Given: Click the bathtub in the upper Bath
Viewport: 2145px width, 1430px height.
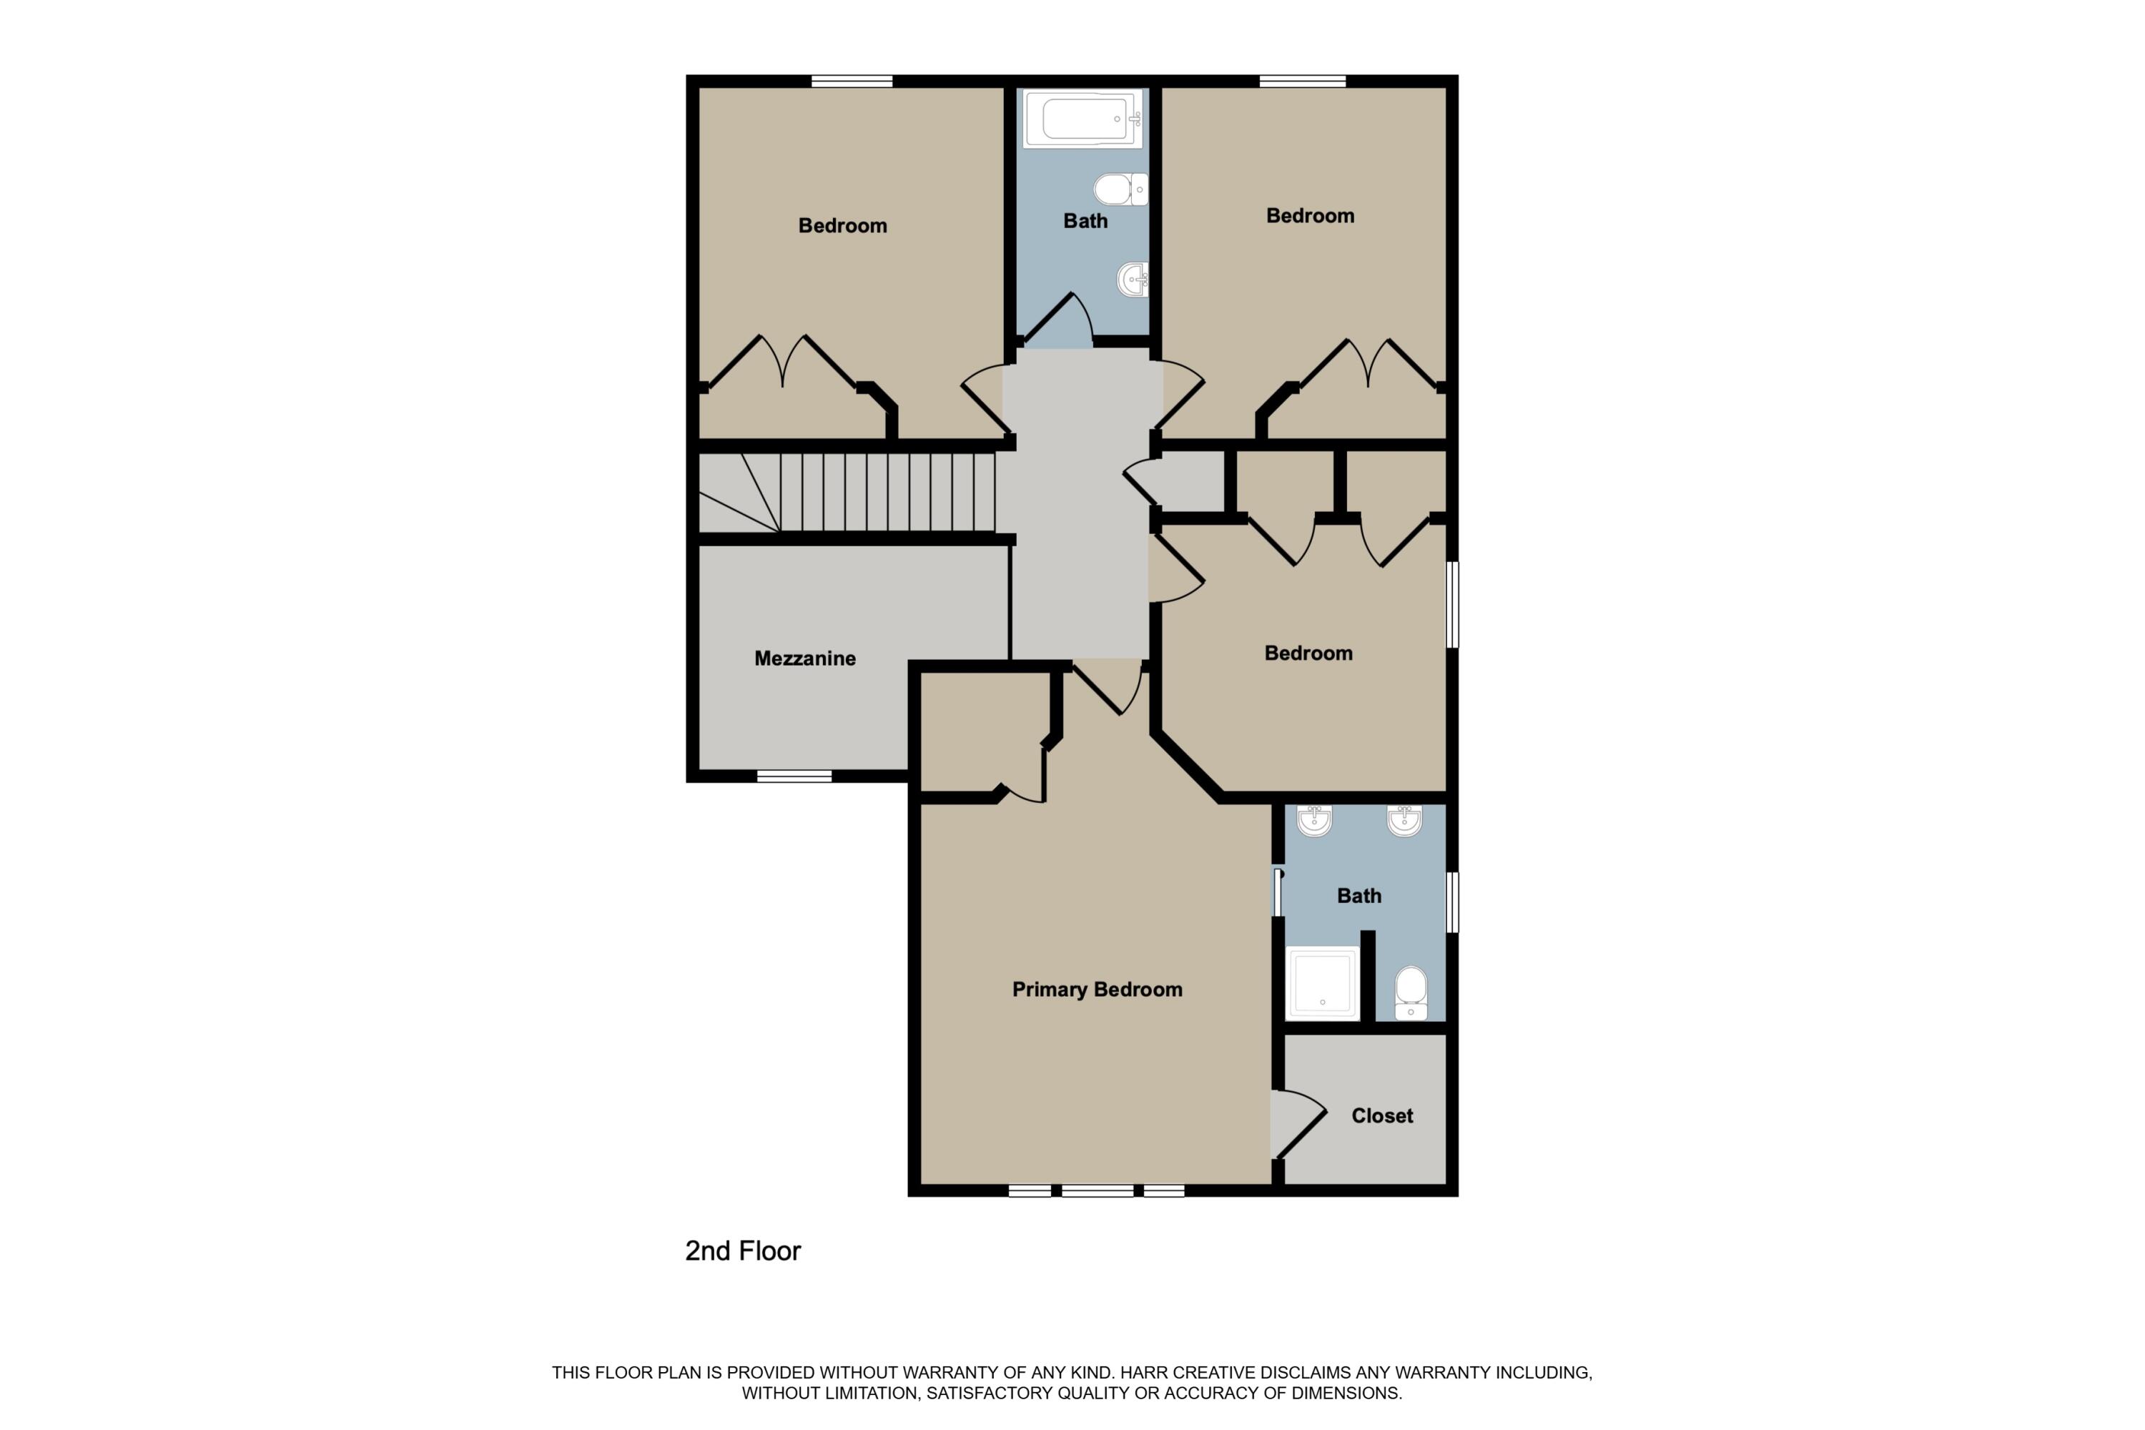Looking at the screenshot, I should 1083,119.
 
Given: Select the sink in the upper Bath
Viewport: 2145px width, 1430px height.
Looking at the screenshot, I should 1133,279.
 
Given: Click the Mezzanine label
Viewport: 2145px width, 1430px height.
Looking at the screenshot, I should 804,659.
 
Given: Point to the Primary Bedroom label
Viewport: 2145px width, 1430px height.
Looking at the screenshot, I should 1097,990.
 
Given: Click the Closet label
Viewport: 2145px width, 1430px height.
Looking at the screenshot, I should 1381,1115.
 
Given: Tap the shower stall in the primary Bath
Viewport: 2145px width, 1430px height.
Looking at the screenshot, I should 1322,984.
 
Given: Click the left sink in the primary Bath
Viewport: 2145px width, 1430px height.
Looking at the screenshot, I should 1314,820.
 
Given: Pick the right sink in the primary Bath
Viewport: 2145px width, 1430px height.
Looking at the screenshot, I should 1404,820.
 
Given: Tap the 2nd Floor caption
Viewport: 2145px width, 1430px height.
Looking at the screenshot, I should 742,1251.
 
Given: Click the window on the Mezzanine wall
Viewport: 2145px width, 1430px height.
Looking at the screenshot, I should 794,776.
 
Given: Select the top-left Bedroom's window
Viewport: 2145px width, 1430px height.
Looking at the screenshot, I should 852,82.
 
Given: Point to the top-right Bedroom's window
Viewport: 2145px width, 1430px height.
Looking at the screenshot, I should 1302,82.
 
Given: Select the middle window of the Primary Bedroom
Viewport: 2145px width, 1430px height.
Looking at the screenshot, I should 1097,1190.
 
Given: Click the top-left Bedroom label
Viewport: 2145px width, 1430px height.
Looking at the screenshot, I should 842,225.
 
